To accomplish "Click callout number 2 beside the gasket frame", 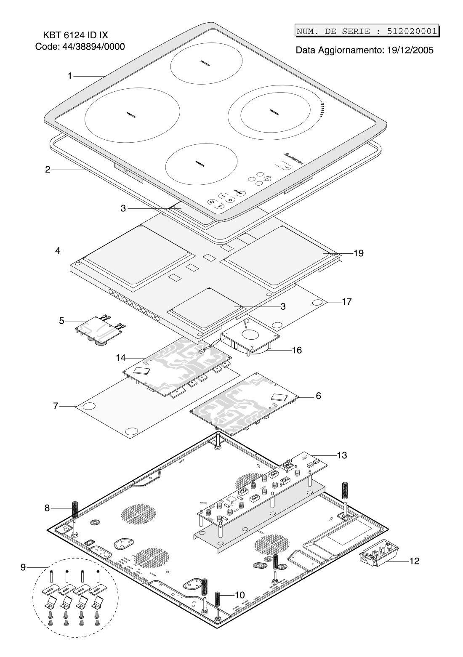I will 48,170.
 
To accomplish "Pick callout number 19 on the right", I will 358,253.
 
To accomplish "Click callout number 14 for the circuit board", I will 121,358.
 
